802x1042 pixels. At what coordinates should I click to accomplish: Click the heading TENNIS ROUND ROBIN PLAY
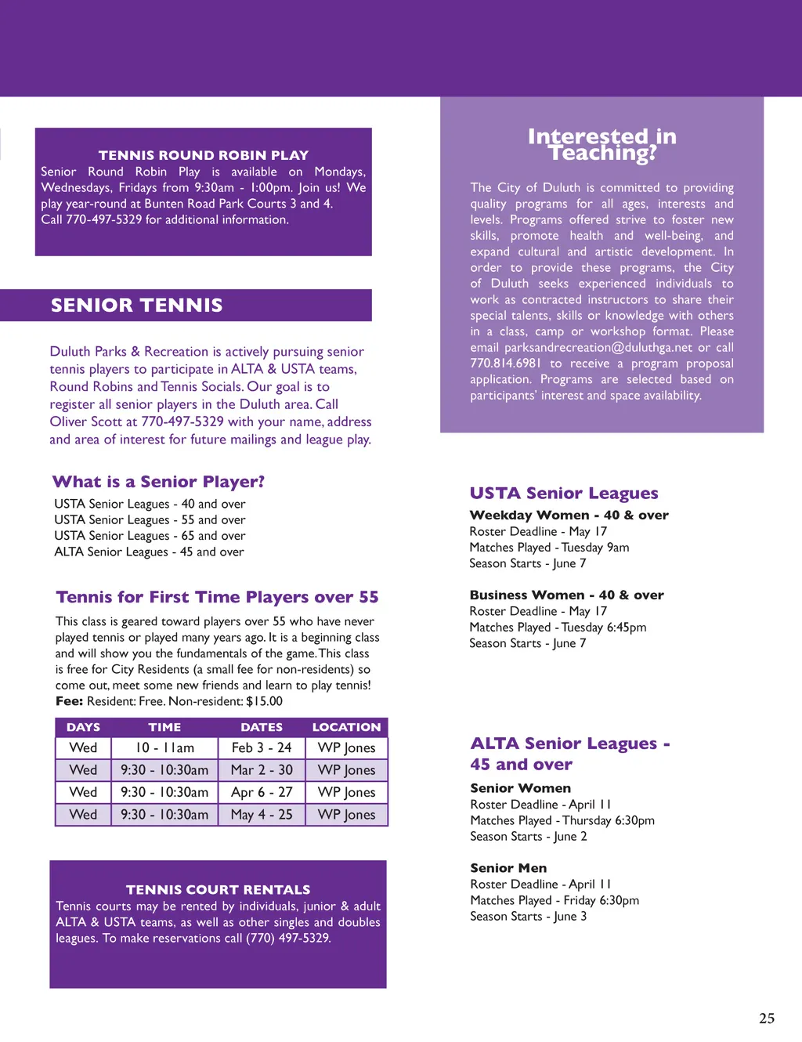point(204,155)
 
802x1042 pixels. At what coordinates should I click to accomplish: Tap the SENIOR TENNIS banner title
point(137,306)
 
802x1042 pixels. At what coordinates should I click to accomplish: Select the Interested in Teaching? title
point(601,145)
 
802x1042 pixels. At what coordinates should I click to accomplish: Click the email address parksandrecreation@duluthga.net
point(598,347)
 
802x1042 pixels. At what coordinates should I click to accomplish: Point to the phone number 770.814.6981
point(505,364)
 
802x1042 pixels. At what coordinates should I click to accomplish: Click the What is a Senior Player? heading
point(158,482)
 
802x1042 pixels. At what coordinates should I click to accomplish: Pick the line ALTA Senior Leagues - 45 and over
point(149,552)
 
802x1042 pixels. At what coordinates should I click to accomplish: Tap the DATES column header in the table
point(262,727)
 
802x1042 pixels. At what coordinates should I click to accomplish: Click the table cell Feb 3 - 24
point(262,748)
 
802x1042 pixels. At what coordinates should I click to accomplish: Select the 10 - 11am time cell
point(164,748)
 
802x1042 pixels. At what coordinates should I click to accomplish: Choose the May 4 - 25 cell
point(262,815)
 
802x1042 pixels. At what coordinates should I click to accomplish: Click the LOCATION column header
point(346,727)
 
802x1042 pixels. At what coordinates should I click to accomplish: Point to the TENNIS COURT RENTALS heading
point(218,890)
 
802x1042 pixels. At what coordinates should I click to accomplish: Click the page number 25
point(767,1018)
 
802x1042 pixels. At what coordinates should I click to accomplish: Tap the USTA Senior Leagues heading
point(564,494)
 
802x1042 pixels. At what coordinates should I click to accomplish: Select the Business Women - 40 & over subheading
point(566,595)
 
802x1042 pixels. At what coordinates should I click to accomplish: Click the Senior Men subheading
point(508,868)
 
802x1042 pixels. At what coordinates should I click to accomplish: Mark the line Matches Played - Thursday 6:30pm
point(562,820)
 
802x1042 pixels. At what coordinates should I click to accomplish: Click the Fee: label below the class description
point(69,701)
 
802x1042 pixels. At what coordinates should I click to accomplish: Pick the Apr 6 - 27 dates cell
point(262,792)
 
